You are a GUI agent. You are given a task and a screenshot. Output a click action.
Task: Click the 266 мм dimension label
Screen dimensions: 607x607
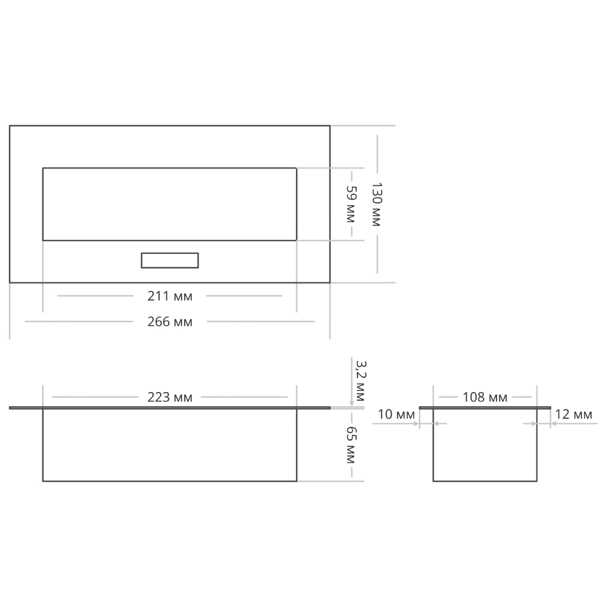170,322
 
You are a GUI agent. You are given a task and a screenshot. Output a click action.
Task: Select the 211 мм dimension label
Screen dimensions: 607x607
170,297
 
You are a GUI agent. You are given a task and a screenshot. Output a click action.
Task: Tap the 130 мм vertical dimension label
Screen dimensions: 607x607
376,204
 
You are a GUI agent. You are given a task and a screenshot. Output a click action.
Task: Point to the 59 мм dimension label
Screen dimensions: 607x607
350,204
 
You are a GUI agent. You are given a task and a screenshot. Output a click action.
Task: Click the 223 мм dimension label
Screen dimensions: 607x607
170,398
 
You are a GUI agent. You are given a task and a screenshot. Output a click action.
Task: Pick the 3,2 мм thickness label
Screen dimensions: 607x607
359,381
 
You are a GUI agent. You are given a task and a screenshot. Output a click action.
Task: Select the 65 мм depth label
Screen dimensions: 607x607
350,445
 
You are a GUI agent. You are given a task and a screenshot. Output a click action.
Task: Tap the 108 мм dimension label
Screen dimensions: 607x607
484,398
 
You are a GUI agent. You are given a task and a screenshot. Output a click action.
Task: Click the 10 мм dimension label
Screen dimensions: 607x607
396,415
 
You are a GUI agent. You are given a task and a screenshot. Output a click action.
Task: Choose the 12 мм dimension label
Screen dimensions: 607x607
574,415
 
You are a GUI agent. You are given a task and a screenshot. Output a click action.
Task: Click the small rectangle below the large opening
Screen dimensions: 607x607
170,260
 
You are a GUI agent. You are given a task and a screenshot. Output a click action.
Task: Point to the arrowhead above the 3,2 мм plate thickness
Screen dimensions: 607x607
352,402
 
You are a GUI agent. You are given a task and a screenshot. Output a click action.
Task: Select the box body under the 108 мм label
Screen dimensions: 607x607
484,446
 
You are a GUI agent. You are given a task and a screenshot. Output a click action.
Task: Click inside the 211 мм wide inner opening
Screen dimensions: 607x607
170,204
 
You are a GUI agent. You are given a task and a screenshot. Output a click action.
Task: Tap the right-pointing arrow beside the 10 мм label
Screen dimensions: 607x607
416,424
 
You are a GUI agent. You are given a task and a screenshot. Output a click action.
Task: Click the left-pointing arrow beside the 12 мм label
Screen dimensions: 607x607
554,424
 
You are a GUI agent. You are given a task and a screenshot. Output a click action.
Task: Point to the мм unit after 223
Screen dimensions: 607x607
182,398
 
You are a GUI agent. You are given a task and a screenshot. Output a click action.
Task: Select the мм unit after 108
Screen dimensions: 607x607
497,398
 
